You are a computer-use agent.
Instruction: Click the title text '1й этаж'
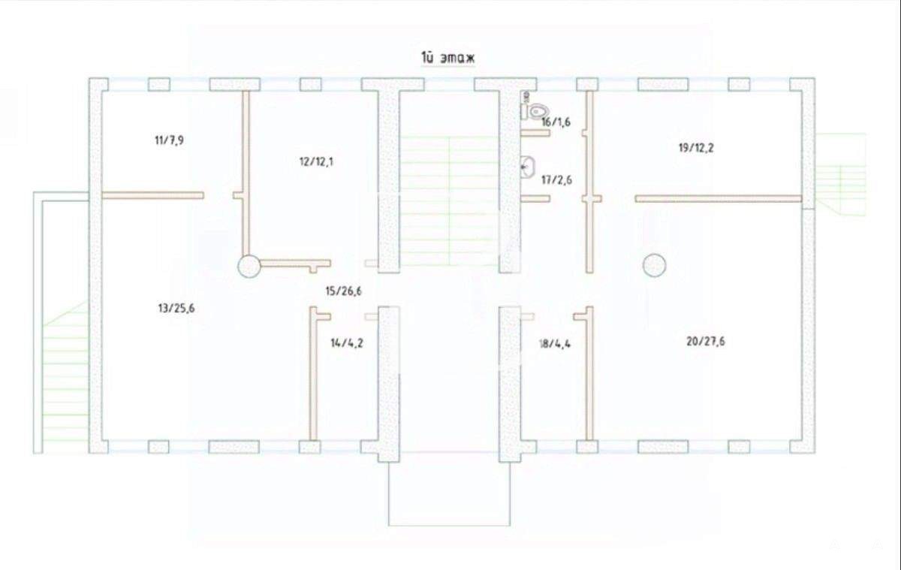coord(447,58)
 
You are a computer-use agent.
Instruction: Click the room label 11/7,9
coord(170,140)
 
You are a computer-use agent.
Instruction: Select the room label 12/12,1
coord(316,161)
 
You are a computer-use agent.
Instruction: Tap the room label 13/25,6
coord(176,309)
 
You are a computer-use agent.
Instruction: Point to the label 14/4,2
coord(347,343)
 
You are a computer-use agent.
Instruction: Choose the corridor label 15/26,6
coord(344,291)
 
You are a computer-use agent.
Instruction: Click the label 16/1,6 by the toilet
coord(556,122)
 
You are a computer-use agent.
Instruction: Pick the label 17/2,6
coord(556,179)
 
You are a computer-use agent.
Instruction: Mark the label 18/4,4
coord(555,344)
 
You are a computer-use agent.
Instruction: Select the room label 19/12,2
coord(696,148)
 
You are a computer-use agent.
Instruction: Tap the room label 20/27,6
coord(706,342)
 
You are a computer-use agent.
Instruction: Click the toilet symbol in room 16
coord(534,111)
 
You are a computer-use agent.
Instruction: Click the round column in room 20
coord(654,265)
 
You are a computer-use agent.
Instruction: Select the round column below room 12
coord(249,266)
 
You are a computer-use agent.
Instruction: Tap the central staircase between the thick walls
coord(449,201)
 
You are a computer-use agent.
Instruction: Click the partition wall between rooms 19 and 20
coord(719,199)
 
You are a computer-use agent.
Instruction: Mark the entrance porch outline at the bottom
coord(449,526)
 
